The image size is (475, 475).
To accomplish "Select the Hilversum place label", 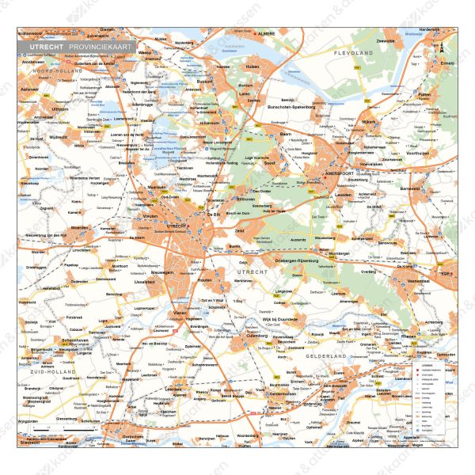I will point(209,124).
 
